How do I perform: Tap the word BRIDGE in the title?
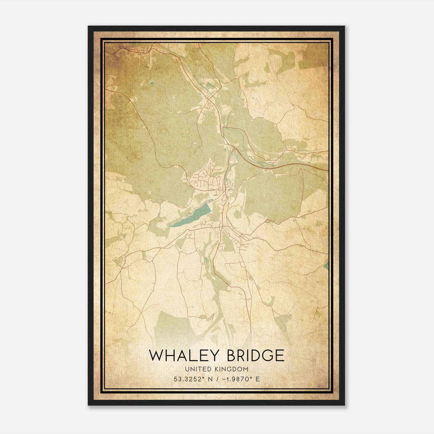coord(256,356)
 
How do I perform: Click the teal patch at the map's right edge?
coord(326,263)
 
